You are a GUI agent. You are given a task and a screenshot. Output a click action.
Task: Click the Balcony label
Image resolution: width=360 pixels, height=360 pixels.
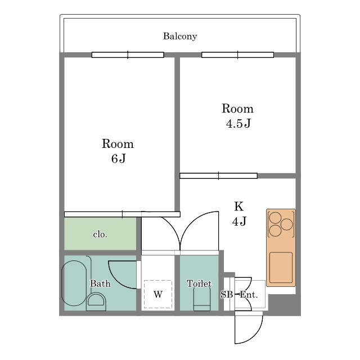coord(180,36)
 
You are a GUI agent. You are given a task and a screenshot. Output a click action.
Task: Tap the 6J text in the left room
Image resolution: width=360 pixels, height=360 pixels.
coord(119,159)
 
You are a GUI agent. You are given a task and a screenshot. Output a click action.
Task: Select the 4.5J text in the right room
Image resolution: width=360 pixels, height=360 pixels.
coord(238,123)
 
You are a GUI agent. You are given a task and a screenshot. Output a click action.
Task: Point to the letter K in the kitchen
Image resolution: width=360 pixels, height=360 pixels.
coord(238,206)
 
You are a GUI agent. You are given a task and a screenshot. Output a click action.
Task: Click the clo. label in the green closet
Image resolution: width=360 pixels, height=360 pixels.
coord(100,235)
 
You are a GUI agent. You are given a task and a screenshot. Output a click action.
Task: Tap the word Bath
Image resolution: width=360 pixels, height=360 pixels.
coord(100,283)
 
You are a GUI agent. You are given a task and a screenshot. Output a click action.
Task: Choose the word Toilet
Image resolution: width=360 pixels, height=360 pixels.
coord(199,283)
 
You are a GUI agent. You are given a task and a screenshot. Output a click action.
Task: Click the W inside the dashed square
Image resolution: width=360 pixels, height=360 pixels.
coord(158,294)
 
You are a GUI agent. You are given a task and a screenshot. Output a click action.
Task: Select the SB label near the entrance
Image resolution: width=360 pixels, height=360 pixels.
coord(227,294)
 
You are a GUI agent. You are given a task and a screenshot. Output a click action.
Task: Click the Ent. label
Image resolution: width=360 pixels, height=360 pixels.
coord(249,294)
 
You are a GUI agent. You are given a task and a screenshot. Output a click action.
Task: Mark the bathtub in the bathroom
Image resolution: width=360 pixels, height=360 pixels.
coord(74,283)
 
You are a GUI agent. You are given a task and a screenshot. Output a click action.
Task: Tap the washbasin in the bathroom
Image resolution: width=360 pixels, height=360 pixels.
coord(96,301)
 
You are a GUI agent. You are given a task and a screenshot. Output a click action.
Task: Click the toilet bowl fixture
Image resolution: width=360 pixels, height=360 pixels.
coord(202,299)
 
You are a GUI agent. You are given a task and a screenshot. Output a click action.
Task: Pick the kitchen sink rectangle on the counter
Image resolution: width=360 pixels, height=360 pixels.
coord(281,268)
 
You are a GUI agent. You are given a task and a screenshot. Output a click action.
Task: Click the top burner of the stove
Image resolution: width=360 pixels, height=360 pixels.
coord(275,218)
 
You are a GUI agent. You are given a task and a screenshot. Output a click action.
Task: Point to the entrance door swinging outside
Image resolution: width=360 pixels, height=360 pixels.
coord(249,329)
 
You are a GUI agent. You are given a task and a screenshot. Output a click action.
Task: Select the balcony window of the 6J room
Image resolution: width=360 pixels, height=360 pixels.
coord(128,55)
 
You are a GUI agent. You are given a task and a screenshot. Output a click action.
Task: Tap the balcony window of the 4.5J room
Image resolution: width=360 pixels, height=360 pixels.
coord(237,55)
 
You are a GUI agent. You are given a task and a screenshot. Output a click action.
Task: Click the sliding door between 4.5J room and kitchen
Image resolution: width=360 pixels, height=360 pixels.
coord(218,176)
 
